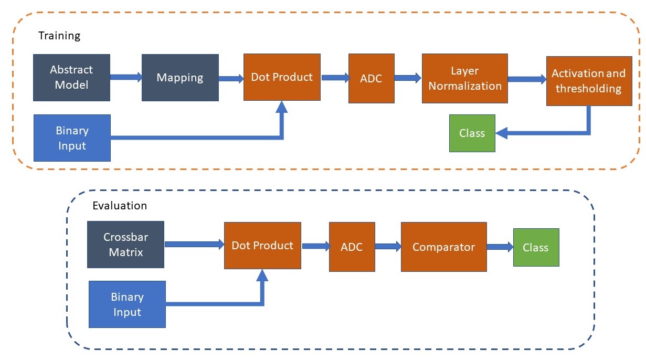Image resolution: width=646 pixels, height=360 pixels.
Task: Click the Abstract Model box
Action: tap(71, 78)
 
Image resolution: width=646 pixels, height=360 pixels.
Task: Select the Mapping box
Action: tap(180, 78)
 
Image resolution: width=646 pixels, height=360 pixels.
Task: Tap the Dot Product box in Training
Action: tap(282, 77)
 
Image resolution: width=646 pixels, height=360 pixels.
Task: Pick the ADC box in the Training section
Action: tap(371, 78)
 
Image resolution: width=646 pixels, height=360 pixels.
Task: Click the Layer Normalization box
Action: tap(465, 78)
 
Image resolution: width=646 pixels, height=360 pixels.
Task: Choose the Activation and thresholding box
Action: tap(589, 81)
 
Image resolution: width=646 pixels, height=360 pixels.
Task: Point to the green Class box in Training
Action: tap(472, 133)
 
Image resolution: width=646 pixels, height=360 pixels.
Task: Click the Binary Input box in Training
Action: tap(72, 138)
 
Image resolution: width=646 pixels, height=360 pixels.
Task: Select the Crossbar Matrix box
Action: tap(125, 245)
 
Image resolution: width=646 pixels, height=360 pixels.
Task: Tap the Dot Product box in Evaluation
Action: tap(262, 246)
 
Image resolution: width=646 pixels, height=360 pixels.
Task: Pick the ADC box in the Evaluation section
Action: tap(352, 247)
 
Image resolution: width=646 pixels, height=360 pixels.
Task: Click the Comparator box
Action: tap(443, 247)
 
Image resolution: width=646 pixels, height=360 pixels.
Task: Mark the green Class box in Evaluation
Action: tap(536, 247)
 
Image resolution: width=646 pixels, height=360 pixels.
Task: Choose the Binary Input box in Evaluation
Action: tap(127, 304)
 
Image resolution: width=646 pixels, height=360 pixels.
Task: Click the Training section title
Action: tap(59, 36)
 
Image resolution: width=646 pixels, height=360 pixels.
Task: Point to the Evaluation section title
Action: tap(120, 205)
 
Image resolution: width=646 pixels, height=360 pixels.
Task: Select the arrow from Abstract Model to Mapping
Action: tap(126, 77)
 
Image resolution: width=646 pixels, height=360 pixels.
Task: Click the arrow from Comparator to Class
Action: tap(500, 247)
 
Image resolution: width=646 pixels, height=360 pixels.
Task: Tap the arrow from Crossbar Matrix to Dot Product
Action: tap(194, 244)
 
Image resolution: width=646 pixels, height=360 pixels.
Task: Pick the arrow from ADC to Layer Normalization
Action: tap(408, 78)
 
